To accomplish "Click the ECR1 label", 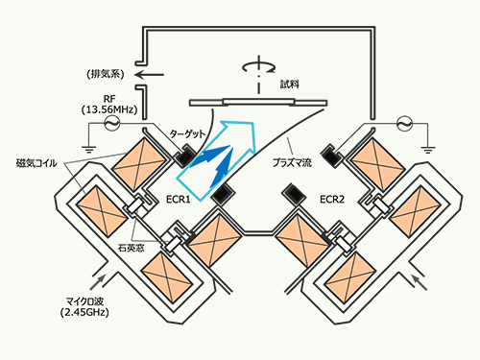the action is [x=179, y=200].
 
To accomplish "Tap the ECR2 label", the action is [x=332, y=200].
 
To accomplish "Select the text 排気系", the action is [x=106, y=75].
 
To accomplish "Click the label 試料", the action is [x=290, y=84].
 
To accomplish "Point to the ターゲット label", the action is [x=187, y=133].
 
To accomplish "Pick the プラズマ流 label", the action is [x=292, y=162].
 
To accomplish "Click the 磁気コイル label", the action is [x=36, y=163].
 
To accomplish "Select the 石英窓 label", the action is [x=132, y=248].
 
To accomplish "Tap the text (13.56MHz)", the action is [x=109, y=109].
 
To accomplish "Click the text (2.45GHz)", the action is [x=84, y=312].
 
